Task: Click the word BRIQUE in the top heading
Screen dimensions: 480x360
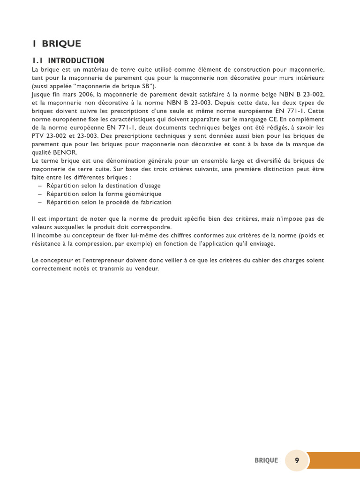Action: (x=61, y=44)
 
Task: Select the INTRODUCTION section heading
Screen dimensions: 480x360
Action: (x=76, y=60)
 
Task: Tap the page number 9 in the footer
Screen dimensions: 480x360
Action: (x=297, y=460)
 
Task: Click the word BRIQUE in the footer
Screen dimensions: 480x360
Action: (x=266, y=460)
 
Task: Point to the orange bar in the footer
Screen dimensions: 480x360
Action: (x=333, y=460)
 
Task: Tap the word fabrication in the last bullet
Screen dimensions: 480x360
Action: (x=153, y=202)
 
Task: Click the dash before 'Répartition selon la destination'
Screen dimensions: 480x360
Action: (x=40, y=186)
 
